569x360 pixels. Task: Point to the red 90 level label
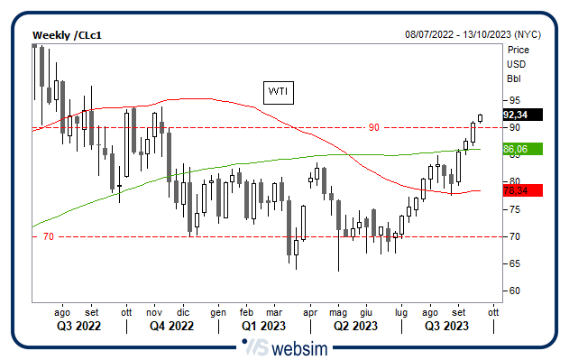(x=373, y=127)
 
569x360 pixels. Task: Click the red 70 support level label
(x=49, y=236)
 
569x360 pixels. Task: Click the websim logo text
(x=302, y=347)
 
